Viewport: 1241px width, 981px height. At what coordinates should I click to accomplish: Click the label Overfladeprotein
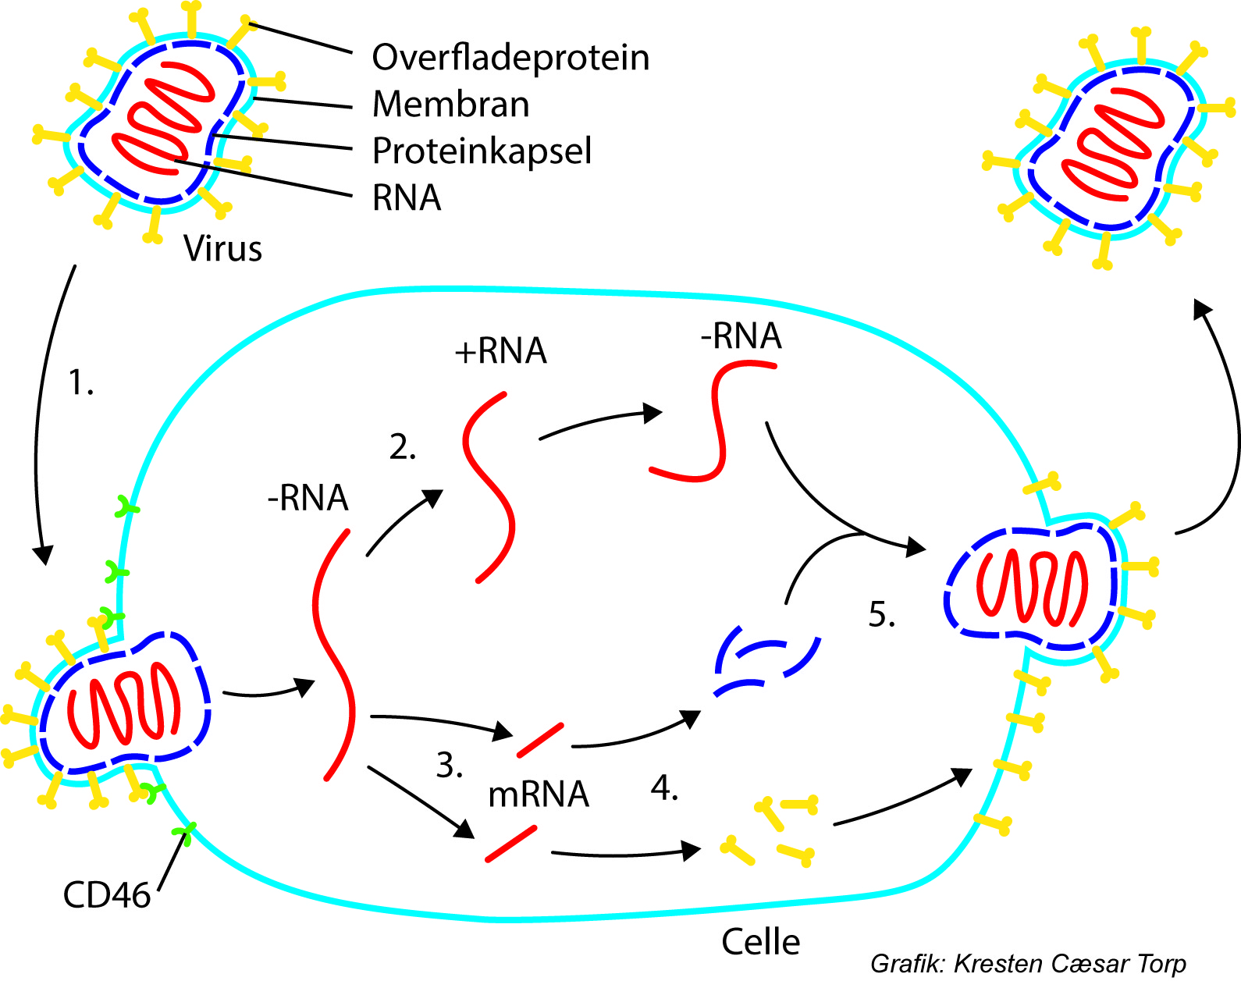[x=510, y=58]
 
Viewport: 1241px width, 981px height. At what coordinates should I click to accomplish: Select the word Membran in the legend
[x=451, y=105]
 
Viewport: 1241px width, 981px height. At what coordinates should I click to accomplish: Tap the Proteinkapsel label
[x=482, y=151]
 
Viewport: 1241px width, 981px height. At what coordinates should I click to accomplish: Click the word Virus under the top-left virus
[x=222, y=249]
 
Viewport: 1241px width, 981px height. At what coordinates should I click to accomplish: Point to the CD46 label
[x=106, y=895]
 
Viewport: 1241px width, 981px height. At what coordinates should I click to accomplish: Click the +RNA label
[x=500, y=351]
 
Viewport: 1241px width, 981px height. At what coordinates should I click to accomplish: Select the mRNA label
[x=538, y=794]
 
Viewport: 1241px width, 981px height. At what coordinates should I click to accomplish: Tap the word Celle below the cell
[x=760, y=942]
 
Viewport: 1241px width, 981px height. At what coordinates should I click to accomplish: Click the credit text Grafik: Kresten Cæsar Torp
[x=1028, y=964]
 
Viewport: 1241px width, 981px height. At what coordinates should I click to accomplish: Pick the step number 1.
[x=80, y=383]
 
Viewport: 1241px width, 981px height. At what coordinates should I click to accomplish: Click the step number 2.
[x=403, y=448]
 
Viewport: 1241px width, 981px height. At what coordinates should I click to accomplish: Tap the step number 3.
[x=449, y=766]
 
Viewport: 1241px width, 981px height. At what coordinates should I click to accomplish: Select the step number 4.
[x=664, y=789]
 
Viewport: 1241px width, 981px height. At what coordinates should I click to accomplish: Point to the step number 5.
[x=881, y=615]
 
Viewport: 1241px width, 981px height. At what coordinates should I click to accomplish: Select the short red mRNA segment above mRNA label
[x=540, y=740]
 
